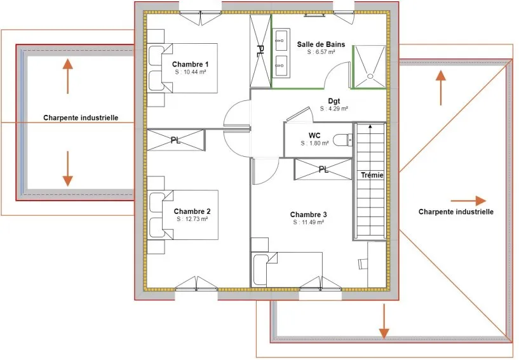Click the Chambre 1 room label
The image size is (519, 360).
click(x=191, y=64)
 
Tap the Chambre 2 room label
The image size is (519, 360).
click(x=192, y=211)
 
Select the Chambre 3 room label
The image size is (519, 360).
click(x=309, y=215)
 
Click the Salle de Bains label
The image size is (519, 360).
click(x=321, y=44)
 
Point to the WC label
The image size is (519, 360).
click(x=314, y=135)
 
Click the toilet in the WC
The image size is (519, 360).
click(x=342, y=140)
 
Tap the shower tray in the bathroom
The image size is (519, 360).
click(x=370, y=67)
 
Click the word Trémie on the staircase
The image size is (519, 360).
click(x=372, y=175)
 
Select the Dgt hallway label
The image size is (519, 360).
click(x=334, y=101)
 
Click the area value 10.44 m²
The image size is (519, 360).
click(x=191, y=72)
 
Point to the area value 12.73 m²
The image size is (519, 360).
click(x=192, y=218)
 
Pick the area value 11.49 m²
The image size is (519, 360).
click(x=309, y=222)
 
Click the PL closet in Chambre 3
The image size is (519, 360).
click(x=323, y=170)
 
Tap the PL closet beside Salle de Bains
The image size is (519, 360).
click(x=260, y=51)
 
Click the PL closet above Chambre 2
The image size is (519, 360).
click(x=176, y=140)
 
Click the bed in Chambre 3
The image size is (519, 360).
click(x=286, y=270)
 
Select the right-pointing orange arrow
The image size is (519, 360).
click(x=468, y=201)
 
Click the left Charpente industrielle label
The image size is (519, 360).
click(x=81, y=118)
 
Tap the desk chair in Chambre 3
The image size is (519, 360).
click(x=363, y=263)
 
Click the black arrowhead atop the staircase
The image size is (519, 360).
click(x=370, y=126)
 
